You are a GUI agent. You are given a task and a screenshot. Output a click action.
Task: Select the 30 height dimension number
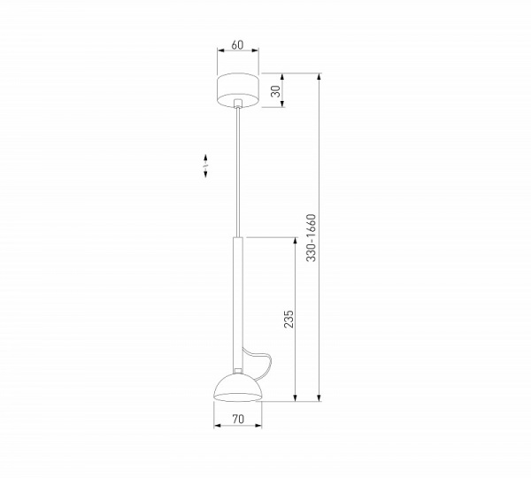tap(274, 89)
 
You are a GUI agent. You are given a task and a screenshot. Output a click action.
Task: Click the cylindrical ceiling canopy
tap(237, 89)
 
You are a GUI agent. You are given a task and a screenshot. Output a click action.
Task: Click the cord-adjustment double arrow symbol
tap(205, 166)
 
